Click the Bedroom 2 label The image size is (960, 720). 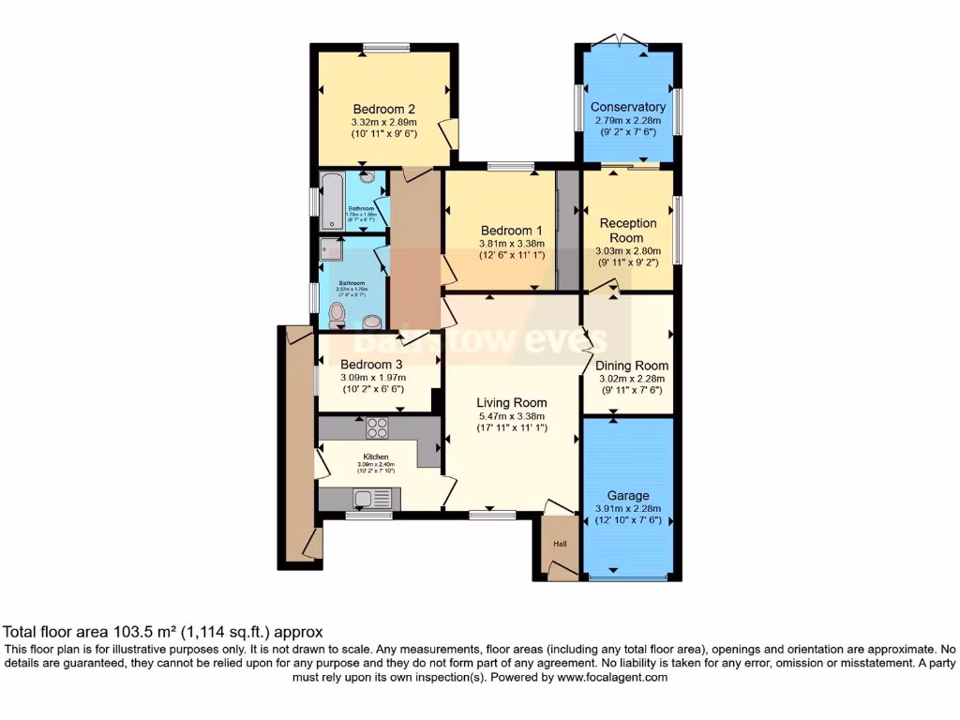click(383, 107)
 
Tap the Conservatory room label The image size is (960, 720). click(627, 107)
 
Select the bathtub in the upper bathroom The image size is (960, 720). click(331, 201)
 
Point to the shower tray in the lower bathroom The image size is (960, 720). click(331, 249)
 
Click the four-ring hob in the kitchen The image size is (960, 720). click(377, 428)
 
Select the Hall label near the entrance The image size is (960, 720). click(560, 544)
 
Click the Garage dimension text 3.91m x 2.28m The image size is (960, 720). click(627, 509)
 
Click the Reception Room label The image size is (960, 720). click(627, 231)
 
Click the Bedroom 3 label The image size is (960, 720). click(371, 364)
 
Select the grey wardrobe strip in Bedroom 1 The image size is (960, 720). click(566, 230)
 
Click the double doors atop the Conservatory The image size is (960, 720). click(620, 39)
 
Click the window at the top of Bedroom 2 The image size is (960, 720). click(385, 47)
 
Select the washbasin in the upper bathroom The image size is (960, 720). click(367, 176)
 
